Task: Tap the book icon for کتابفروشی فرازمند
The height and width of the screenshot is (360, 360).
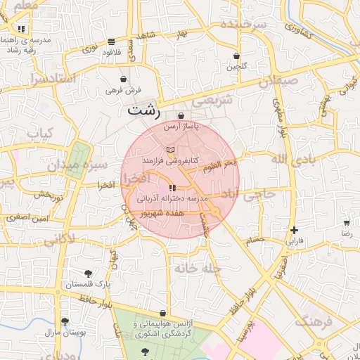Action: (x=170, y=150)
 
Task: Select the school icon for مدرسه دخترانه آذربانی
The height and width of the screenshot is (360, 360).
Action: (x=172, y=188)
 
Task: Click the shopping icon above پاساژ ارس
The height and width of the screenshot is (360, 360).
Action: (x=181, y=115)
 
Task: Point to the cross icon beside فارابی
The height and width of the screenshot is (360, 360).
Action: (x=294, y=230)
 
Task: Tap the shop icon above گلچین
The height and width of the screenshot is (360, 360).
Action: (x=236, y=56)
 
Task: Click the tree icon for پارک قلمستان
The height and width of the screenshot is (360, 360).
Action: (x=88, y=273)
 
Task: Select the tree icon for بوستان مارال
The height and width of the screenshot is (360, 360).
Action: (x=65, y=321)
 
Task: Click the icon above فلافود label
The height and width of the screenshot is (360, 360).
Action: (x=112, y=41)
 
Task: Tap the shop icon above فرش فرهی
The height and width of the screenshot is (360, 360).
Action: (x=124, y=79)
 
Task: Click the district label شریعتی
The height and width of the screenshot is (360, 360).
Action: (x=212, y=101)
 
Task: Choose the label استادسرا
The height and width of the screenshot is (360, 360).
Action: (x=52, y=79)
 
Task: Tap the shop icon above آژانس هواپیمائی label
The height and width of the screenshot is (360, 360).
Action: (x=163, y=314)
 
